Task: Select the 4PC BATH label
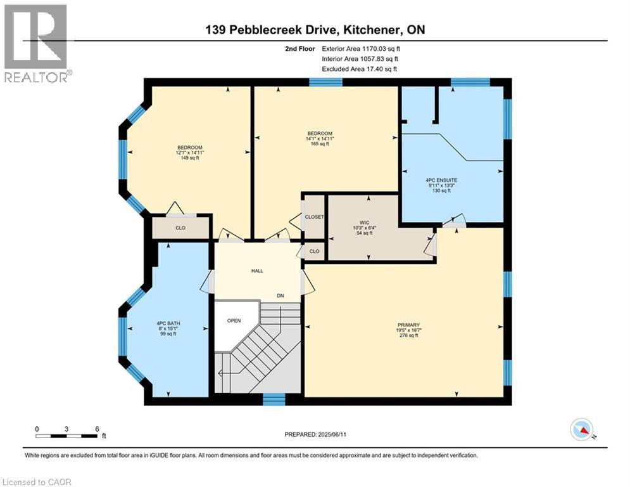click(x=168, y=323)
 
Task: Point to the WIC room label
click(x=364, y=223)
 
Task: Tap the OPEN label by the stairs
click(x=234, y=320)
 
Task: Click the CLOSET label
click(x=314, y=217)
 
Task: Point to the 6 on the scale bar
click(x=96, y=429)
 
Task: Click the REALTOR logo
click(x=37, y=43)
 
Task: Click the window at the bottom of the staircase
click(x=274, y=399)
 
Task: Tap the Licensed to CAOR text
click(x=37, y=482)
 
